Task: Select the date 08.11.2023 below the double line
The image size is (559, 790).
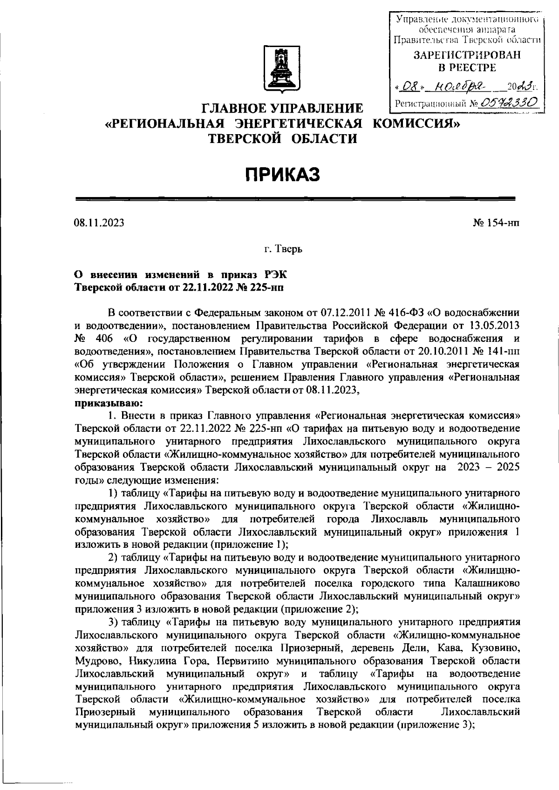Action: pos(99,223)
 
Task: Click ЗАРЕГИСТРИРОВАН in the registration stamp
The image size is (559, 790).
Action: pos(467,55)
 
